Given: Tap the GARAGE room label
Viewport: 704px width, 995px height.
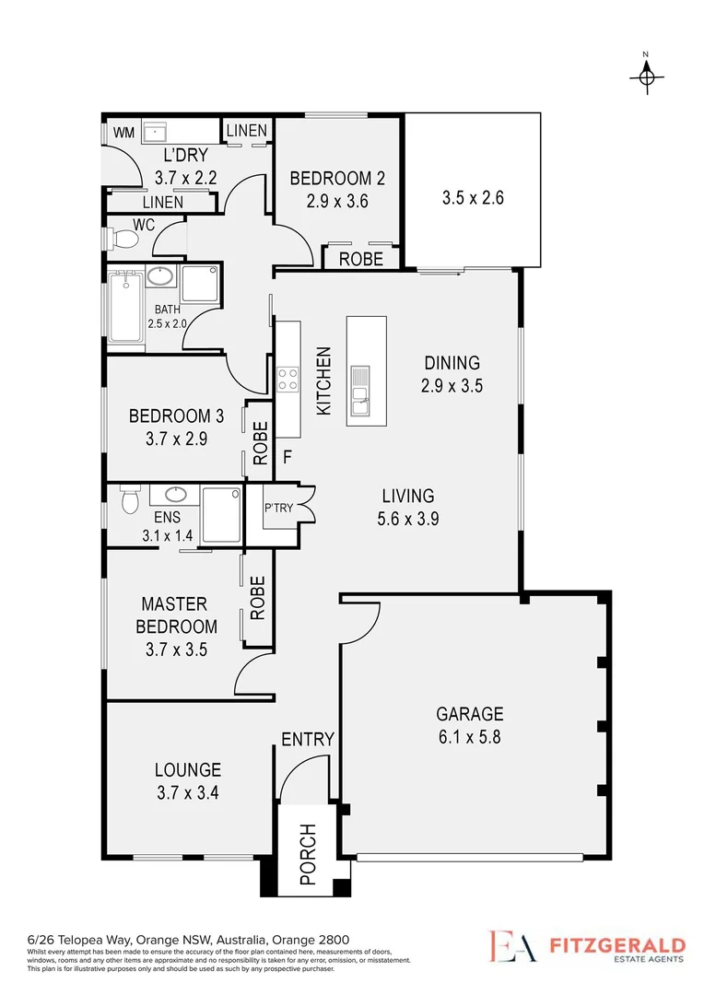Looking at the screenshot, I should coord(469,714).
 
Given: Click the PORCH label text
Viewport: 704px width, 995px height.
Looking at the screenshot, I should coord(308,854).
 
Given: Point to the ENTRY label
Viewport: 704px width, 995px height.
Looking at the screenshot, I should coord(307,740).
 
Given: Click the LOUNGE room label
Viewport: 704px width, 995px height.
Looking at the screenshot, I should coord(187,769).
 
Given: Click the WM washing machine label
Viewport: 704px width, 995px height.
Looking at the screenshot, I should coord(123,134).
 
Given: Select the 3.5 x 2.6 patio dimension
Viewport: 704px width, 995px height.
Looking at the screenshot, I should coord(473,197).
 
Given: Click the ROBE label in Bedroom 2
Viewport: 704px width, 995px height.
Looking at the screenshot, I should coord(360,260).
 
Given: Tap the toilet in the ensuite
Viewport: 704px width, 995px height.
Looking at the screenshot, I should coord(130,501).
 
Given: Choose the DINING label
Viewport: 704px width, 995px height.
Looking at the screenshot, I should coord(452,363).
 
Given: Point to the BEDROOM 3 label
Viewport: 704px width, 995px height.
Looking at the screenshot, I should coord(175,415).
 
